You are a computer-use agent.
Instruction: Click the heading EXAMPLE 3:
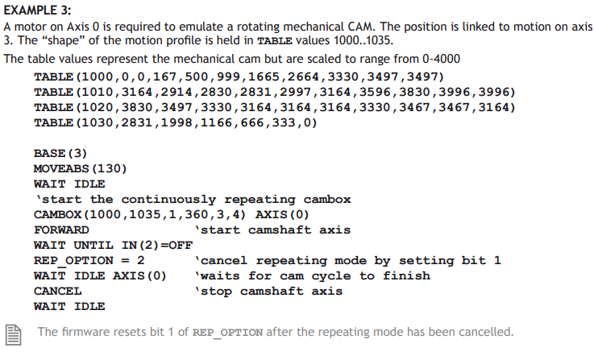pyautogui.click(x=37, y=10)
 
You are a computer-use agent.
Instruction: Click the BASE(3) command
pyautogui.click(x=60, y=153)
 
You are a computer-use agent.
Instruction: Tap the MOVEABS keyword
pyautogui.click(x=61, y=168)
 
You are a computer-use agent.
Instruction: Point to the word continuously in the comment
pyautogui.click(x=168, y=199)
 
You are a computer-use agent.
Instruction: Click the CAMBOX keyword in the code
pyautogui.click(x=57, y=215)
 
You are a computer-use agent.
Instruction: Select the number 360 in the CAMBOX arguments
pyautogui.click(x=196, y=215)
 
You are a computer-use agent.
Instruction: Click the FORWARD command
pyautogui.click(x=61, y=230)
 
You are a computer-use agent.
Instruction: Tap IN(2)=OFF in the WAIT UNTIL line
pyautogui.click(x=157, y=246)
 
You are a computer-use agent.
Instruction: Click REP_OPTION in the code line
pyautogui.click(x=73, y=260)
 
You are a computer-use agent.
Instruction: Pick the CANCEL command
pyautogui.click(x=57, y=291)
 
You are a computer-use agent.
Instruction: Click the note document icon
pyautogui.click(x=13, y=335)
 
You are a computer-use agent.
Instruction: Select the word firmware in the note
pyautogui.click(x=86, y=332)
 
